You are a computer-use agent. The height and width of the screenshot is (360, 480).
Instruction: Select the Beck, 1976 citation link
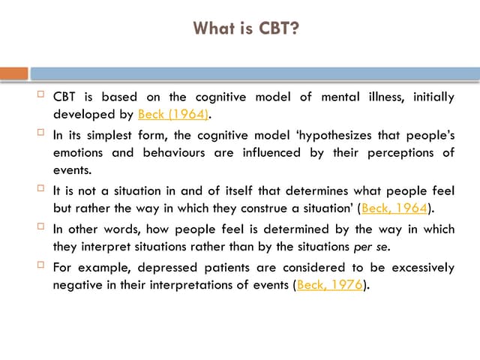[330, 285]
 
